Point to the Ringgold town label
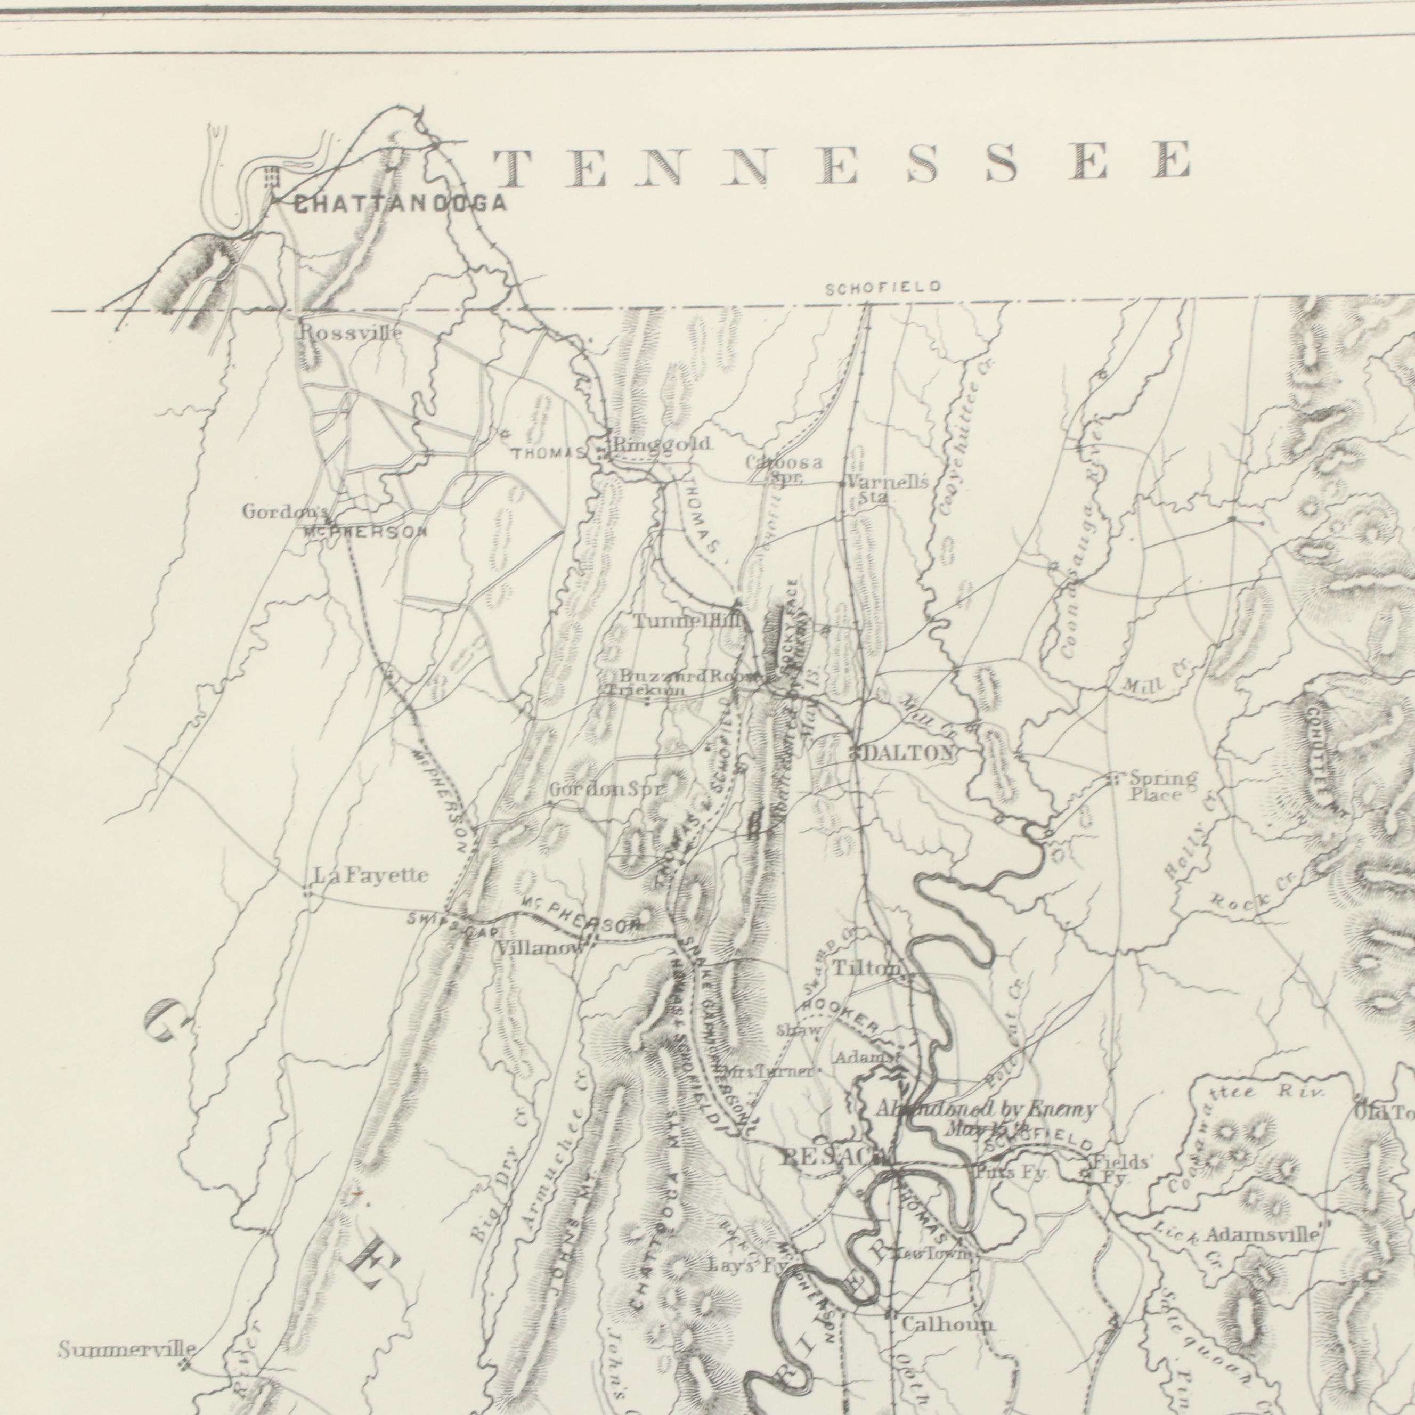(661, 444)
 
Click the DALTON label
(910, 753)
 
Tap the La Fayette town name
(371, 875)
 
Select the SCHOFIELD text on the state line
(883, 289)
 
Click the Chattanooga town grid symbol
(272, 178)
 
